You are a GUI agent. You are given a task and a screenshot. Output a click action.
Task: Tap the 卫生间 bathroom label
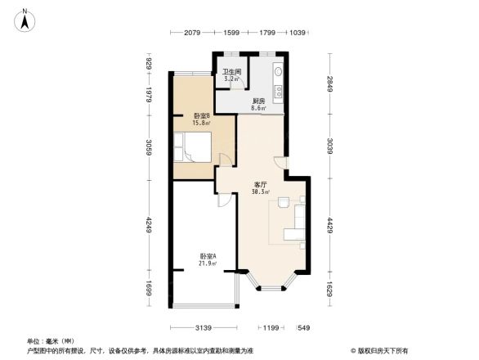pyautogui.click(x=231, y=71)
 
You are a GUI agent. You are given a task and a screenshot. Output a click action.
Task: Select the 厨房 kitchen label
pyautogui.click(x=257, y=100)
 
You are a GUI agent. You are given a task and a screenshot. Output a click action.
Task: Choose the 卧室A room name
pyautogui.click(x=208, y=255)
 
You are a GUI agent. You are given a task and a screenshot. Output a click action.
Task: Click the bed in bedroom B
pyautogui.click(x=195, y=150)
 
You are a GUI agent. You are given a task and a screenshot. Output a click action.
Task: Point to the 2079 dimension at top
pyautogui.click(x=193, y=32)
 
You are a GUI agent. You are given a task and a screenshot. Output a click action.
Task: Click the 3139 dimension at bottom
pyautogui.click(x=204, y=328)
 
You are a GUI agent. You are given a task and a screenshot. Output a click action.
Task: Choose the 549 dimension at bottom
pyautogui.click(x=304, y=328)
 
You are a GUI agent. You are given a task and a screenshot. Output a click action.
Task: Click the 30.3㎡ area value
pyautogui.click(x=262, y=192)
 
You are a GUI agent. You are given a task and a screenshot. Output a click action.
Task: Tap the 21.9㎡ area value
pyautogui.click(x=208, y=263)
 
